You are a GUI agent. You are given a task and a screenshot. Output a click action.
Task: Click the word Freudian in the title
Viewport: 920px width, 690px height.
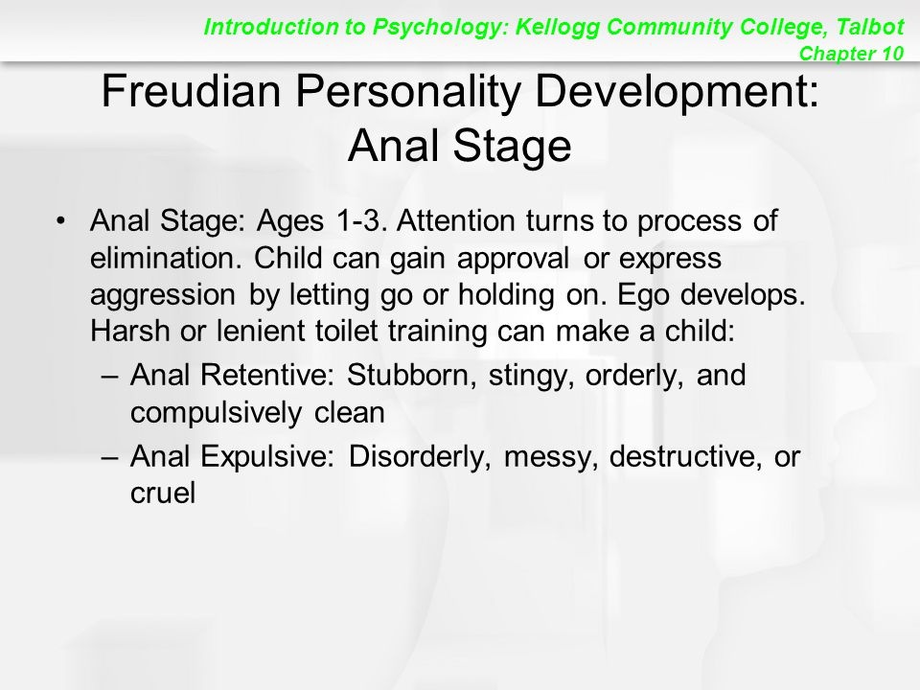(192, 91)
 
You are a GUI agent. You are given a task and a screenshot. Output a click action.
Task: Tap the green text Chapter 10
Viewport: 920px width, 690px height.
(851, 54)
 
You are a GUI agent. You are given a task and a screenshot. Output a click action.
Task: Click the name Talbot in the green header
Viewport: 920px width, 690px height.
(870, 27)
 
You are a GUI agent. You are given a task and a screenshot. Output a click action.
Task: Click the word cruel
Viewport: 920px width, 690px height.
(163, 493)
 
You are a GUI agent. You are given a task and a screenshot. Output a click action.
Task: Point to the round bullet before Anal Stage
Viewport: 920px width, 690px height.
(59, 221)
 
